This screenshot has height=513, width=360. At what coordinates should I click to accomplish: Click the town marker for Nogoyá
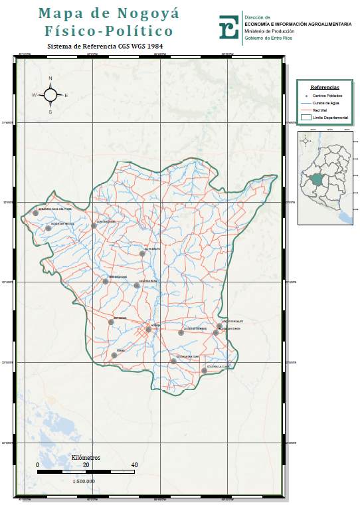point(149,329)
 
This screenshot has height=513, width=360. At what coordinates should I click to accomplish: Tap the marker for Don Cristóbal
point(94,226)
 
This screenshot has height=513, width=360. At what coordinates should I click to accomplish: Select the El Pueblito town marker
point(142,253)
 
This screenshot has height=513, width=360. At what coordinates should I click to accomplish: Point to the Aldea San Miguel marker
point(48,228)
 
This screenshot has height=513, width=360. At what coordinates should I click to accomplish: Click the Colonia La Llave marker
point(204,371)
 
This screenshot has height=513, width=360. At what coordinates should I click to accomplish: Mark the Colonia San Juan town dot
point(173,361)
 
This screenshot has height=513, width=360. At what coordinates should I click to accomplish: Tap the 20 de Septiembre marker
point(181,332)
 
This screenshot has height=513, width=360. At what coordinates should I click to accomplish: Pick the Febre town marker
point(114,356)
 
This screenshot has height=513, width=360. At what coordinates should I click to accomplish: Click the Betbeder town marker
point(112,322)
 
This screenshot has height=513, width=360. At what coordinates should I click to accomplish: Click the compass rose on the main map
point(50,94)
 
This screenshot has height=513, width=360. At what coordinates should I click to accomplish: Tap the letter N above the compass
point(50,78)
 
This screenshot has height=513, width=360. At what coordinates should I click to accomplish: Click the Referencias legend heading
point(325,87)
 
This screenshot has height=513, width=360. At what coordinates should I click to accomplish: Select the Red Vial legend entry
point(323,110)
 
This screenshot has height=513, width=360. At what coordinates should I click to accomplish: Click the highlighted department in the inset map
point(317,181)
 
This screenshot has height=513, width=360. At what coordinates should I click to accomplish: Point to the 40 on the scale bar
point(134,465)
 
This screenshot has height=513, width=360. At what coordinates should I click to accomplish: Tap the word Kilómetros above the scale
point(86,458)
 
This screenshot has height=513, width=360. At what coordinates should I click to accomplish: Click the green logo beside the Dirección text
point(229,27)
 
